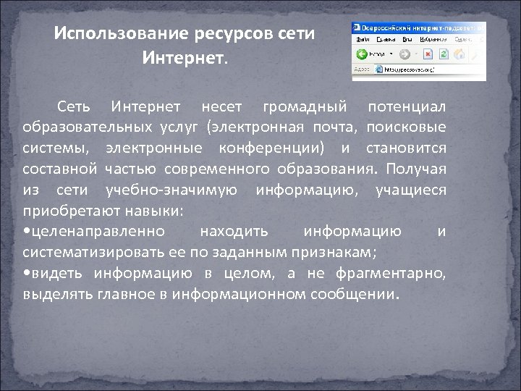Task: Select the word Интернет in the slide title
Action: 184,56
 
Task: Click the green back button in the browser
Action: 360,54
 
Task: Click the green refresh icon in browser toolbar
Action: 442,54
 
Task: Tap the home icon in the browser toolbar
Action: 458,54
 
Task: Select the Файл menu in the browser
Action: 363,38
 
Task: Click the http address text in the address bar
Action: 408,70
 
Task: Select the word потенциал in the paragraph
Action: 407,108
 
